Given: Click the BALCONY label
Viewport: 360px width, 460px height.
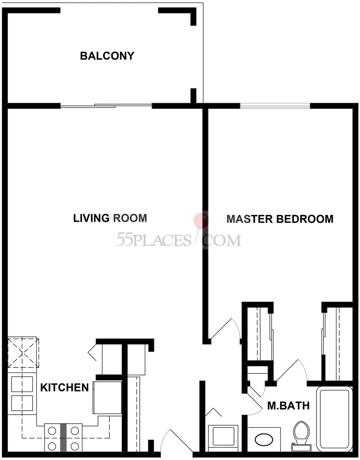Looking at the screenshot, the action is click(107, 56).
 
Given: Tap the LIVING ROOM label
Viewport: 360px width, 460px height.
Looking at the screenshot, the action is click(110, 218).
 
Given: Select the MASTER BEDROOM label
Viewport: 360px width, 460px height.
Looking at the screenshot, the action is click(280, 219).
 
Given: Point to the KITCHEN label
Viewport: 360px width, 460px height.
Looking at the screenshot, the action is click(64, 388).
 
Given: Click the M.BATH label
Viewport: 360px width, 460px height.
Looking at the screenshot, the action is click(288, 406).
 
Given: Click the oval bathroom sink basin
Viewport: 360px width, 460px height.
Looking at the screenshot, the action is click(264, 440).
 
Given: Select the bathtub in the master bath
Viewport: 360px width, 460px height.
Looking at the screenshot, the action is click(334, 419).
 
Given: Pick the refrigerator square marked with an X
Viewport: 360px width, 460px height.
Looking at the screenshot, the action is click(23, 353).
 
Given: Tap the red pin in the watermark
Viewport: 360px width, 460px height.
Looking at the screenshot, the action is click(201, 220).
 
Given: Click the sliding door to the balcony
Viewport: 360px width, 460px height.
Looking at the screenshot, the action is click(106, 106).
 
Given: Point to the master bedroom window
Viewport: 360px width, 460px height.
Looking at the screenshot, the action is click(275, 106).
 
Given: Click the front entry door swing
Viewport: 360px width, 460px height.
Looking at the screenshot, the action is click(177, 440).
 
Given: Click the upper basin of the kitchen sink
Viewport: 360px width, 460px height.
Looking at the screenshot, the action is click(22, 384).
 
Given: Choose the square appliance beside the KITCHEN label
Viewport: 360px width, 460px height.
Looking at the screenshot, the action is click(108, 398).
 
